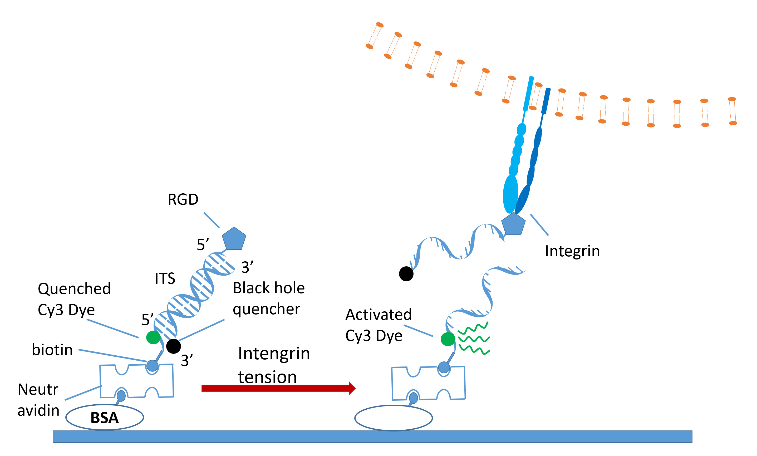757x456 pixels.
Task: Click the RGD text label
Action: [183, 199]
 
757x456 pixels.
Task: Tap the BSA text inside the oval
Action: [105, 418]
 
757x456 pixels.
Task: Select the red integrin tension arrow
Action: [278, 388]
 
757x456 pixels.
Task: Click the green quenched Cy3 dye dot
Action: [153, 337]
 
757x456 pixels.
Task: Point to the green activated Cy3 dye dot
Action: [448, 339]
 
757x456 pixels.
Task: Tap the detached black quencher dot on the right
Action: [406, 274]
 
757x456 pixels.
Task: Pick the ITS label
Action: [165, 278]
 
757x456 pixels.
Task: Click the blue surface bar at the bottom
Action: [372, 437]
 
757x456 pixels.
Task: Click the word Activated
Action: [378, 314]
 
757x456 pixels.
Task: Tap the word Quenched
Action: [74, 289]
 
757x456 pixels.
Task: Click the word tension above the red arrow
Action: [267, 377]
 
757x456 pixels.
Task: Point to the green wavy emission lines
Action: [473, 338]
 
